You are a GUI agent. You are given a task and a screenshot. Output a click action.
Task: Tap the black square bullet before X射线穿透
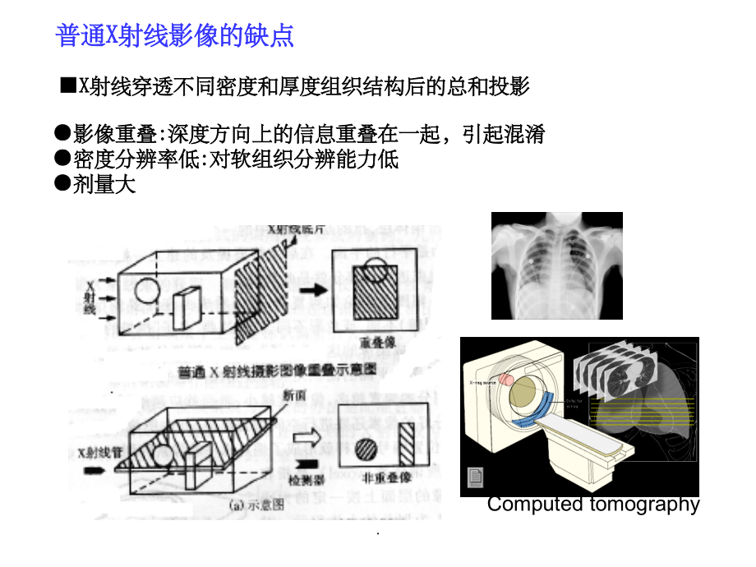[x=68, y=86]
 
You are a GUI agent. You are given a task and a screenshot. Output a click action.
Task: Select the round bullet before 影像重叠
[x=62, y=133]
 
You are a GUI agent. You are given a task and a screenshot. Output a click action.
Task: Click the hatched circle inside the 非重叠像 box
[x=366, y=449]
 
